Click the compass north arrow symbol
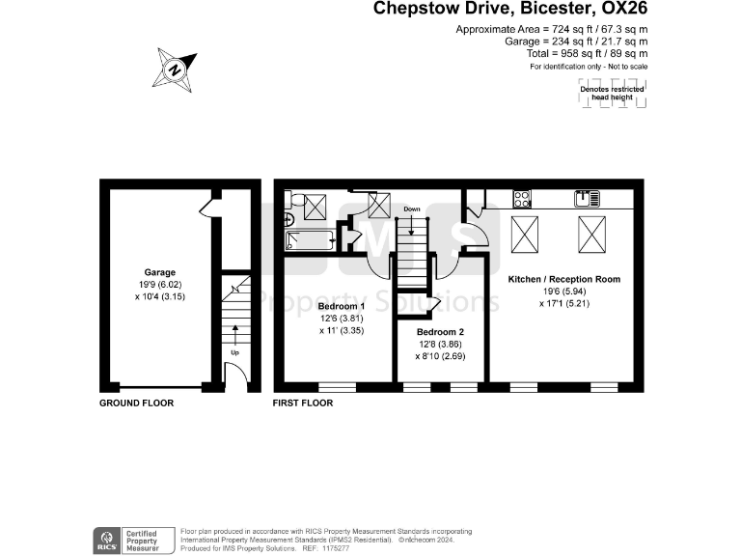175,69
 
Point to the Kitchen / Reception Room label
564,279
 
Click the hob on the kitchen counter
522,199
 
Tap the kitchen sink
583,199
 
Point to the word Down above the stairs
412,208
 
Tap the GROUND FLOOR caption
137,403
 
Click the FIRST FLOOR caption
303,403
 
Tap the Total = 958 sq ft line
587,54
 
